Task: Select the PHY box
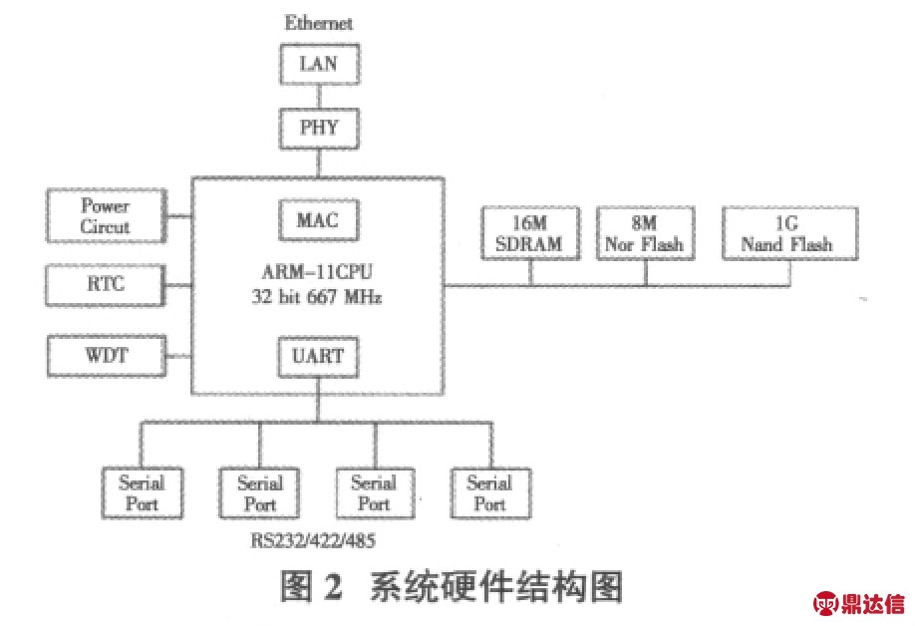(x=318, y=128)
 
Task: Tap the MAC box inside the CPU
(x=318, y=218)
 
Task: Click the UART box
(x=318, y=354)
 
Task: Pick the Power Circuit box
(x=106, y=216)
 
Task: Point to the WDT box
(x=106, y=355)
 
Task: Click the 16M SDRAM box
(x=530, y=234)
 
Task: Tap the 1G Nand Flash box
(x=787, y=234)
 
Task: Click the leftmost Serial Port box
(x=141, y=492)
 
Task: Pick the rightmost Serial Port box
(x=489, y=492)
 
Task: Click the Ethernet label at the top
(x=319, y=22)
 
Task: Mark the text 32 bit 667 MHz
(x=319, y=296)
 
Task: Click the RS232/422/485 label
(x=314, y=539)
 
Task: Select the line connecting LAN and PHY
(x=318, y=97)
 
